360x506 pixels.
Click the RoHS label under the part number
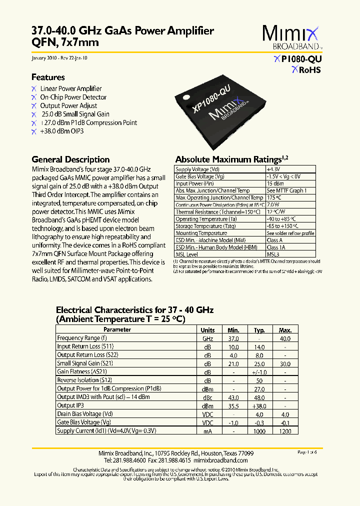pyautogui.click(x=306, y=70)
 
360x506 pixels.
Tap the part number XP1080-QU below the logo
pyautogui.click(x=298, y=59)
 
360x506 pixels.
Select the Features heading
pyautogui.click(x=48, y=77)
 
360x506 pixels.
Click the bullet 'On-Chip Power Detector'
pyautogui.click(x=73, y=97)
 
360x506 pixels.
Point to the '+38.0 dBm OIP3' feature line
pyautogui.click(x=61, y=131)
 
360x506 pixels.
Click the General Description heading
pyautogui.click(x=70, y=159)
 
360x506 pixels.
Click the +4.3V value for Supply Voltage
pyautogui.click(x=273, y=169)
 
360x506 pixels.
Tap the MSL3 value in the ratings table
pyautogui.click(x=273, y=254)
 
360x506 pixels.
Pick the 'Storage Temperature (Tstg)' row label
pyautogui.click(x=206, y=226)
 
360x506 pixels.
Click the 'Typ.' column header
pyautogui.click(x=259, y=330)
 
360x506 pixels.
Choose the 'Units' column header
pyautogui.click(x=207, y=330)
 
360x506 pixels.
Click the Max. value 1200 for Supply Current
pyautogui.click(x=285, y=430)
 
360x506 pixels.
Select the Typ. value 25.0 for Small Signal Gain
pyautogui.click(x=259, y=363)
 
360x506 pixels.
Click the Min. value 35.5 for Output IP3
pyautogui.click(x=233, y=405)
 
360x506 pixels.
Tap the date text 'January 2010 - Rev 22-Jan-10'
pyautogui.click(x=59, y=58)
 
